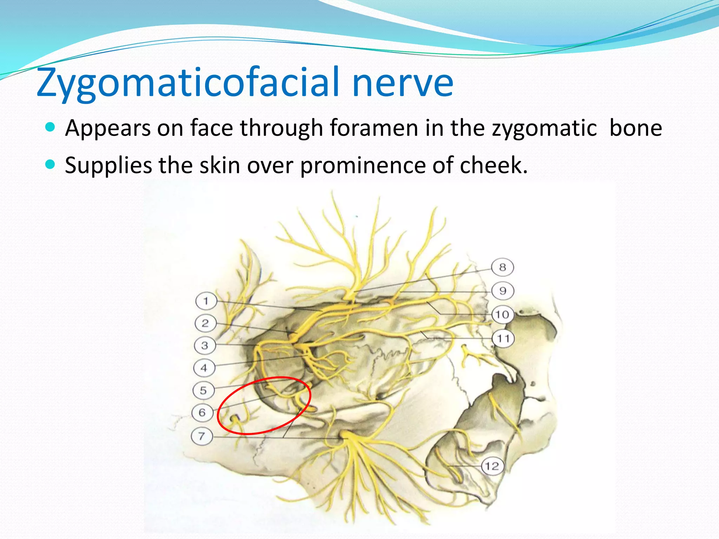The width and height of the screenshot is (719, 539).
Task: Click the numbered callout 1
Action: (x=206, y=301)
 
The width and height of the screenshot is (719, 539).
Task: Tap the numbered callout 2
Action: (x=205, y=323)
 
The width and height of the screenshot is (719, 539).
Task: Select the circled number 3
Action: (x=205, y=346)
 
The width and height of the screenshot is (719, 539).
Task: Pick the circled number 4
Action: (x=204, y=368)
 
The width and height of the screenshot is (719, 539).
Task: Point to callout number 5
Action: (x=203, y=390)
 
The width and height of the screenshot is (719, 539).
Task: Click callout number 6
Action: (x=202, y=412)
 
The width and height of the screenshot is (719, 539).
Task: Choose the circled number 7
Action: (x=202, y=436)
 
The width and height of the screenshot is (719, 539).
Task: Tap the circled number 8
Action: (x=502, y=267)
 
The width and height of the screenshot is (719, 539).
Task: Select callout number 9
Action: (x=503, y=291)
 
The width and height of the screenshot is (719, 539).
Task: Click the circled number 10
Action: (x=502, y=314)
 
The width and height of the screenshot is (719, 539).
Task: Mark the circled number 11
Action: (x=503, y=339)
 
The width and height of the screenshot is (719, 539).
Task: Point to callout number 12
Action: (x=492, y=466)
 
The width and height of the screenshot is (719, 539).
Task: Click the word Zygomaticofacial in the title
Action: (x=188, y=83)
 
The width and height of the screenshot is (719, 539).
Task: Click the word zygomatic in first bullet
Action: (x=544, y=128)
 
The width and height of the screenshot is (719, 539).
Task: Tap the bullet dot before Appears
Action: (x=51, y=127)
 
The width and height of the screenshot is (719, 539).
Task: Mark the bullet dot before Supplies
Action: (x=51, y=164)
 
